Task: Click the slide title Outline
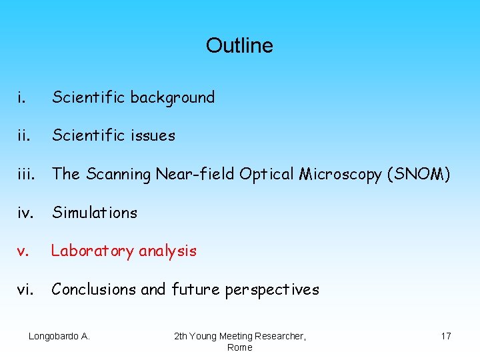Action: point(239,45)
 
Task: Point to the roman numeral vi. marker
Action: point(25,289)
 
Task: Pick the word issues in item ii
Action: point(153,135)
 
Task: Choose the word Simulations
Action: point(95,213)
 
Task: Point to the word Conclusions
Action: point(93,289)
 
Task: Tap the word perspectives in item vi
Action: point(271,289)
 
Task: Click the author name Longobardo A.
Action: point(59,336)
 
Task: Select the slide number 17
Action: point(445,336)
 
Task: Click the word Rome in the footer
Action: point(239,347)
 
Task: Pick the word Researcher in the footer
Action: point(279,336)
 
